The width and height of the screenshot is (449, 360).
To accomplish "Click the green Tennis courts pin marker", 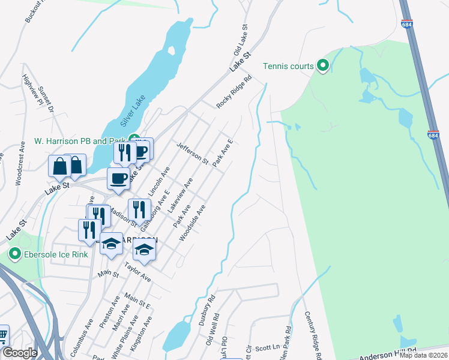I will tap(323, 65).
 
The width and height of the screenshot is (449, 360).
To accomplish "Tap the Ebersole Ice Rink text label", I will tap(56, 254).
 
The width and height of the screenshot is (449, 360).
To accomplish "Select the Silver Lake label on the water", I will tap(132, 112).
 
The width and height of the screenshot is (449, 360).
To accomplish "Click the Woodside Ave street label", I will tap(192, 223).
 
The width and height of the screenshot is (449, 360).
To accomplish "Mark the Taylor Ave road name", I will tap(137, 271).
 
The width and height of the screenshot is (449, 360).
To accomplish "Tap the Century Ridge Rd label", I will tap(313, 332).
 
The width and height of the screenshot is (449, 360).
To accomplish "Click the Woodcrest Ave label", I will tap(19, 174).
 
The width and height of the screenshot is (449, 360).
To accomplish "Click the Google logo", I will tap(20, 353).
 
